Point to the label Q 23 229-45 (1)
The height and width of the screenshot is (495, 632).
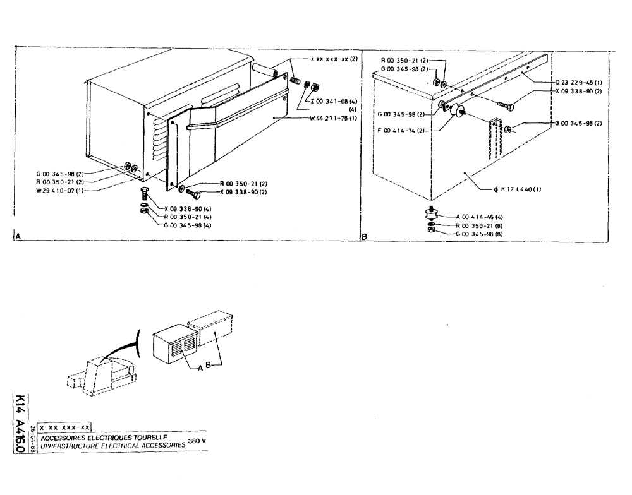tap(577, 81)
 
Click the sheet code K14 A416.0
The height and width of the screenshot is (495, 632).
tap(20, 423)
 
